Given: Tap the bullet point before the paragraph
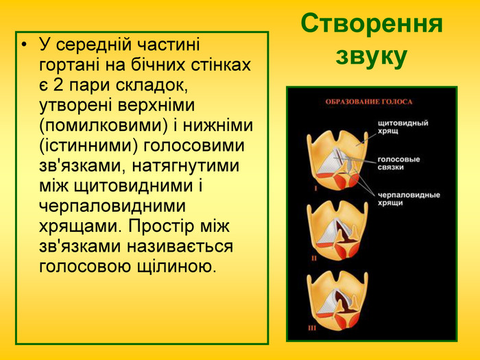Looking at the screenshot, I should pos(25,46).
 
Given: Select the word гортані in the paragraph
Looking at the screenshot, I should pos(73,66).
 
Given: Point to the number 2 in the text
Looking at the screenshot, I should pos(58,86).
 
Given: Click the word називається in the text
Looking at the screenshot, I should pos(165,245).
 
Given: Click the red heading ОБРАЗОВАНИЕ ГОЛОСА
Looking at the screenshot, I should pos(368,102).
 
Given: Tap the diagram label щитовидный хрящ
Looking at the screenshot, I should pos(403,128).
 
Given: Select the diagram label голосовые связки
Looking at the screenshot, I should pos(399,163).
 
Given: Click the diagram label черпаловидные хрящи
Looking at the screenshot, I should pos(408,199).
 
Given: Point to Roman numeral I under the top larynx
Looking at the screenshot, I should pos(316,186).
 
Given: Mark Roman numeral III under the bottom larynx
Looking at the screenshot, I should pos(312,328).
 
